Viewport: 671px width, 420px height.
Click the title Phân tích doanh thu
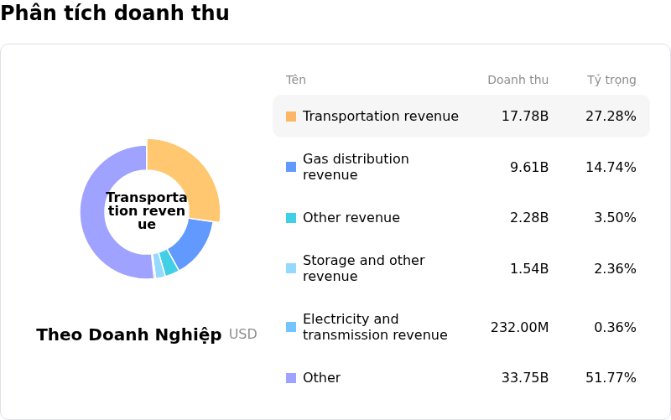coord(115,13)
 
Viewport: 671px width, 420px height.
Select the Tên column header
coord(296,80)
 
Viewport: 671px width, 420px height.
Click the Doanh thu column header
coord(518,80)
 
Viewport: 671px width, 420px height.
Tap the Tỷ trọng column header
coord(611,80)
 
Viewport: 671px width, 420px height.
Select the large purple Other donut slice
coord(96,218)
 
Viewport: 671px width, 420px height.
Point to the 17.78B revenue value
coord(525,117)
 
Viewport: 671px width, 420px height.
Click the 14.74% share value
coord(611,168)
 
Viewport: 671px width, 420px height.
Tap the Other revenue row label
coord(351,218)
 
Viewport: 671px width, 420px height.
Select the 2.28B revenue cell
coord(529,218)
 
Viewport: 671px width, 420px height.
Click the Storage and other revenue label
coord(363,268)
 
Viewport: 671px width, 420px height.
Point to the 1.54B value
coord(529,269)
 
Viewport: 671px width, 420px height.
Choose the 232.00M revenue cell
coord(519,328)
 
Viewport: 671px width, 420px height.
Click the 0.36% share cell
coord(615,328)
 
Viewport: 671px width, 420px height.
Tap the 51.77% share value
coord(611,378)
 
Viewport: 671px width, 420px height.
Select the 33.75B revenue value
coord(525,378)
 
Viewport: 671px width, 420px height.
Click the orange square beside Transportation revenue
coord(291,117)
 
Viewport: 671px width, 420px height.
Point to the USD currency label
coord(243,334)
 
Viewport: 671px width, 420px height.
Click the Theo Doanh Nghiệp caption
coord(129,335)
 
